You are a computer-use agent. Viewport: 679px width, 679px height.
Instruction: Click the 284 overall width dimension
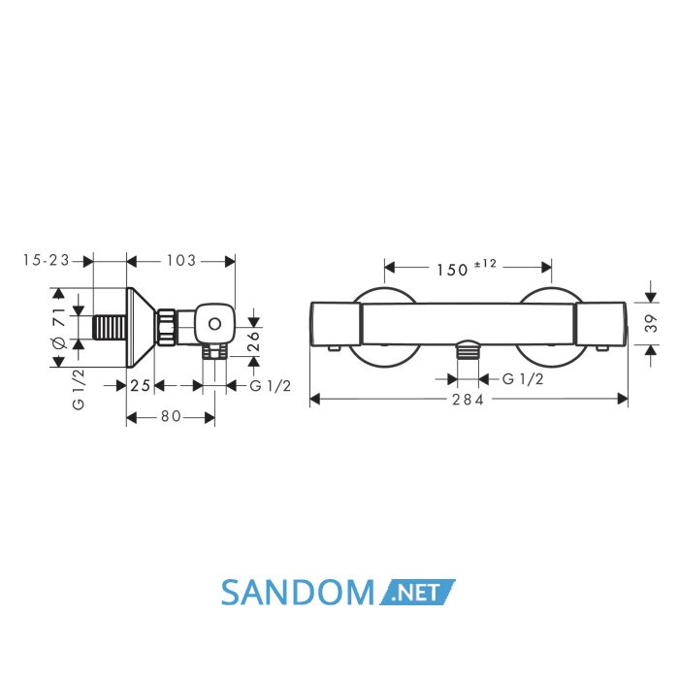click(468, 400)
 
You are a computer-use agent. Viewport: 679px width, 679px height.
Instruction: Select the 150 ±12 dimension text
click(467, 268)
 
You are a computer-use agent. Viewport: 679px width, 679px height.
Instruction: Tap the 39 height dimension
click(651, 323)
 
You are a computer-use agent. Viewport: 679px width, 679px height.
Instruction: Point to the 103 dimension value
click(181, 260)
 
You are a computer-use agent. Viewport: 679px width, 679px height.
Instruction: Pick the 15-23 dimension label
click(47, 260)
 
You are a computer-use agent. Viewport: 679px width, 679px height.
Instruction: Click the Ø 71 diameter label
click(59, 328)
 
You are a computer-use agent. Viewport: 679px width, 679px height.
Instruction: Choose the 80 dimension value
click(171, 416)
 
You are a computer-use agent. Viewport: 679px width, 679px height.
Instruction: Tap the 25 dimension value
click(141, 385)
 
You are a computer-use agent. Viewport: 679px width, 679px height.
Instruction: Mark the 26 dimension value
click(253, 341)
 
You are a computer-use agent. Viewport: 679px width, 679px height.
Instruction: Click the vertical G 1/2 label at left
click(79, 389)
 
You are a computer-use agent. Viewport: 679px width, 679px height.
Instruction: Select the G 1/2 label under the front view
click(523, 379)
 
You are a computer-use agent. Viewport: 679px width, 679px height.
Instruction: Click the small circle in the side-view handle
click(214, 323)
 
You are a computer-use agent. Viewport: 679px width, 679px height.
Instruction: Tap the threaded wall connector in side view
click(110, 328)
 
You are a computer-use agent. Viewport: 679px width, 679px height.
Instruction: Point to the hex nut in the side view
click(166, 327)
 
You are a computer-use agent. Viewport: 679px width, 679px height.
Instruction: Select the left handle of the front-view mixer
click(336, 324)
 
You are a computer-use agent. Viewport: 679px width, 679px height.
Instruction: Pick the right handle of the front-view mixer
click(600, 324)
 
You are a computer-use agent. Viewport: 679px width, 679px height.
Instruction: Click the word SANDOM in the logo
click(298, 593)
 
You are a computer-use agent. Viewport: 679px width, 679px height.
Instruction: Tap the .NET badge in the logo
click(417, 592)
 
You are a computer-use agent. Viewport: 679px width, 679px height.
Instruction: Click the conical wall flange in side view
click(141, 328)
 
